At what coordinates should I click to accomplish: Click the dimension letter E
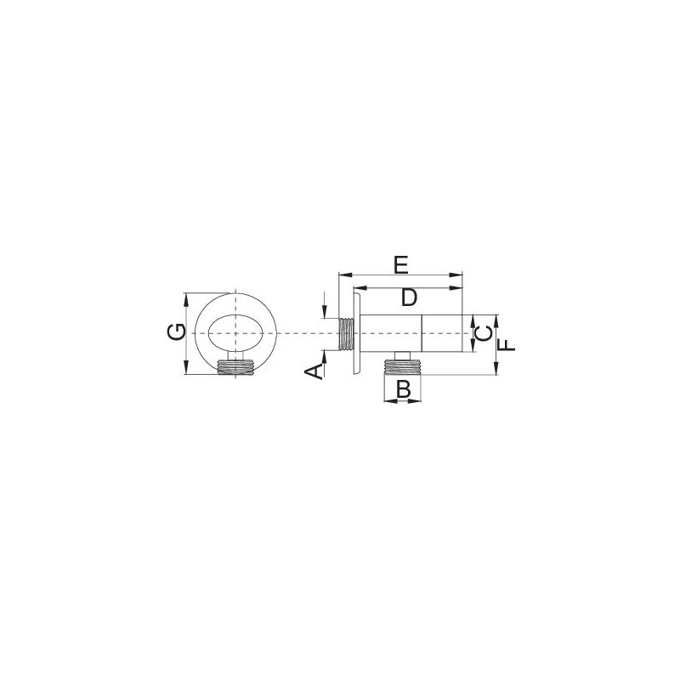tap(401, 265)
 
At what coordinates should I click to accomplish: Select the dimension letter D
tap(409, 298)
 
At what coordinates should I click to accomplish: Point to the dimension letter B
tap(403, 389)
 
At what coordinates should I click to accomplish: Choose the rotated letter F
tap(506, 345)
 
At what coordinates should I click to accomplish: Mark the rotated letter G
tap(177, 333)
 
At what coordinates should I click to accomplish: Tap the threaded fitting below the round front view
tap(235, 367)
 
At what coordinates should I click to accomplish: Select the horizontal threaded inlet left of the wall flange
tap(346, 334)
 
